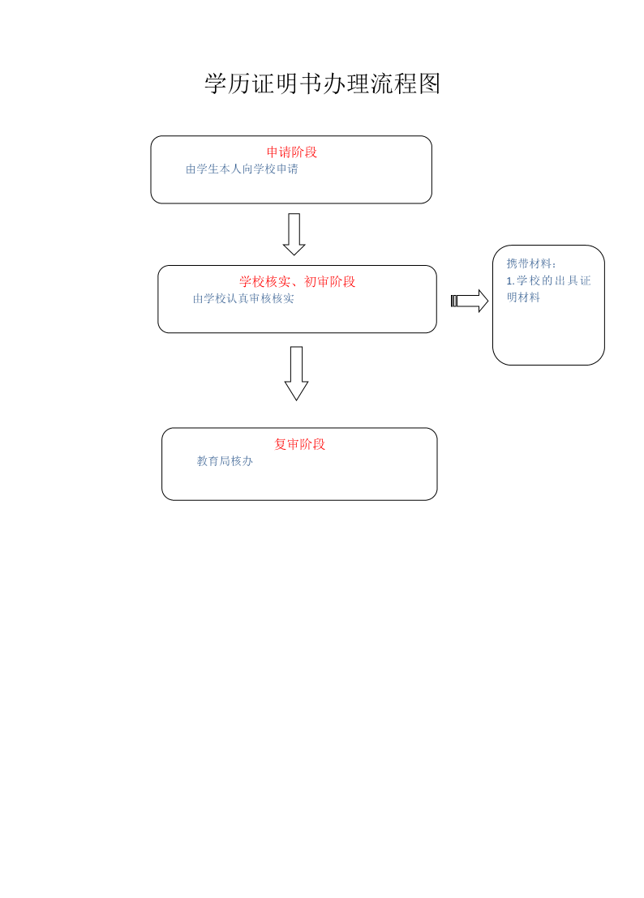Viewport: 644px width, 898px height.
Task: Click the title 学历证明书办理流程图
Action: [x=323, y=83]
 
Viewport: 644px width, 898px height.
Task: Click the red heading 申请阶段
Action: [x=292, y=152]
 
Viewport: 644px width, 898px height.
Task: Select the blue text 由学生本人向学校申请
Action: [x=242, y=169]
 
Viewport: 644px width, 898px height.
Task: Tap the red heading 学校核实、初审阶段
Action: [x=298, y=281]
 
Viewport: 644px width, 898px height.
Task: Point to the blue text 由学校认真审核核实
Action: [x=243, y=298]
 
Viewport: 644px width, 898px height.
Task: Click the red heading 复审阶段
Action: [x=299, y=444]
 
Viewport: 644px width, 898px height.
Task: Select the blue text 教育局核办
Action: [x=225, y=461]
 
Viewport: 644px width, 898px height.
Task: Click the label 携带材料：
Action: [x=531, y=263]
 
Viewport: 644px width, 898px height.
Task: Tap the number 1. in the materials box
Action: [x=510, y=280]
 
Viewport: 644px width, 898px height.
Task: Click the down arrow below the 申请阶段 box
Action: [x=294, y=234]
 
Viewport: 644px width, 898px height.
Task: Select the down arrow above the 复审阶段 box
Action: [x=296, y=374]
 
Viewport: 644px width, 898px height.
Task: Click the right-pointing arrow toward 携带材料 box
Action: [x=470, y=301]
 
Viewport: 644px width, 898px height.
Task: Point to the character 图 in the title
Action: [x=429, y=83]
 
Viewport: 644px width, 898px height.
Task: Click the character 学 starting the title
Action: [x=216, y=83]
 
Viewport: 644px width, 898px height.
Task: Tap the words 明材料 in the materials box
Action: [x=523, y=297]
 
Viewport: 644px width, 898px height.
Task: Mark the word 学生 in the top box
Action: [x=208, y=169]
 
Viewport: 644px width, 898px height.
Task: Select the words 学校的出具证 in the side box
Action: [x=553, y=280]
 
